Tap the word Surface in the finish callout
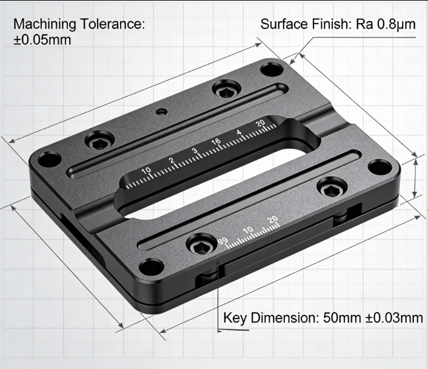coord(283,25)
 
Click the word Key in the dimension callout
coord(235,318)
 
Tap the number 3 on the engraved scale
coord(195,151)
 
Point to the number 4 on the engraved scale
coord(239,133)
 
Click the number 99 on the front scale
coord(222,242)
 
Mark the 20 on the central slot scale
coord(261,124)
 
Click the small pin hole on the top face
coord(161,112)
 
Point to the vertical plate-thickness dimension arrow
coord(415,177)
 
